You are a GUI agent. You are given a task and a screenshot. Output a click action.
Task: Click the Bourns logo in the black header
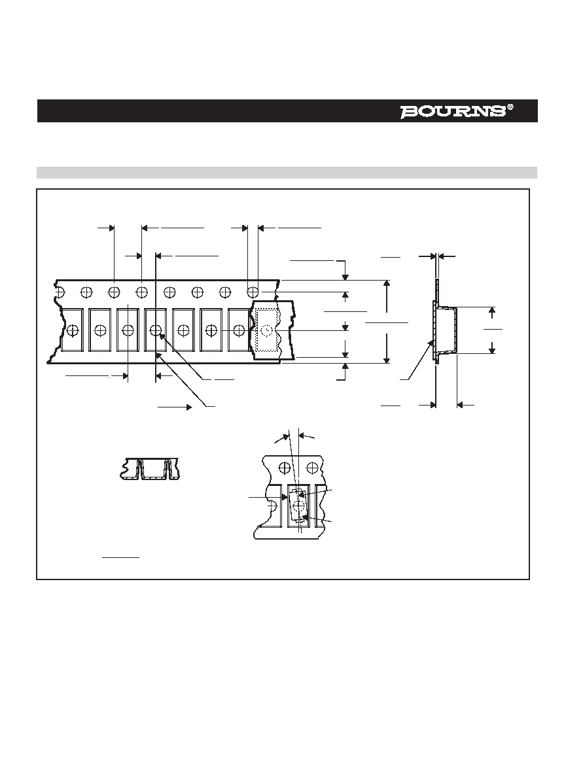coord(453,111)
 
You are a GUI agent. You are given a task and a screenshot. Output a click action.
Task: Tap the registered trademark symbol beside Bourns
coord(510,107)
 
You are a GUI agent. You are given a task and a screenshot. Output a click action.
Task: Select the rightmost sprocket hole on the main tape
coord(253,292)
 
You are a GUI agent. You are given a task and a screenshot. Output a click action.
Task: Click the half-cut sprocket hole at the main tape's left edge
coord(59,292)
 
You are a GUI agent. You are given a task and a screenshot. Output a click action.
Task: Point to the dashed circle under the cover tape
coord(267,330)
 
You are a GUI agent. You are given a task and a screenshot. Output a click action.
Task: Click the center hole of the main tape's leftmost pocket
coord(73,330)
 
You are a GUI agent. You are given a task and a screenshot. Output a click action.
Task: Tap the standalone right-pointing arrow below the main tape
coord(175,407)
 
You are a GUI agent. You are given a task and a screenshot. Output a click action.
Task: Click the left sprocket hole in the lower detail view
coord(285,467)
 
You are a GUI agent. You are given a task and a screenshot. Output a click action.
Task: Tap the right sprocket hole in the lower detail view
coord(312,467)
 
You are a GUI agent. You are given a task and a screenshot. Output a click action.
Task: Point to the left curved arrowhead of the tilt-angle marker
coord(286,437)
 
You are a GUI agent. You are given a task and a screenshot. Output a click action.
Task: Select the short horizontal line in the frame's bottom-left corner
coord(120,558)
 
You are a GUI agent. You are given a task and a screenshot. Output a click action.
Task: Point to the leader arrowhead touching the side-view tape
coord(432,343)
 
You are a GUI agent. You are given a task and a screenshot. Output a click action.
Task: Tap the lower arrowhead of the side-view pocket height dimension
coord(492,350)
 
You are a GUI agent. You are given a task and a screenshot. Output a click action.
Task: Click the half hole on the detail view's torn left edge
coord(272,506)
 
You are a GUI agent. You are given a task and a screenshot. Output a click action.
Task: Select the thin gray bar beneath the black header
coord(287,173)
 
